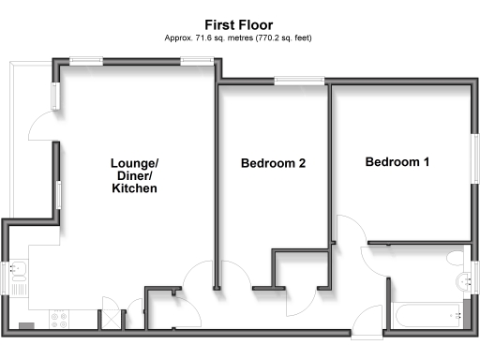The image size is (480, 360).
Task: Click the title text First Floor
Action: (239, 25)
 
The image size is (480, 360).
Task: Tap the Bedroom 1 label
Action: (397, 162)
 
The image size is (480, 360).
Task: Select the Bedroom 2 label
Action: (273, 163)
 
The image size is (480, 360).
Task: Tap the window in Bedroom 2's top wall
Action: (300, 82)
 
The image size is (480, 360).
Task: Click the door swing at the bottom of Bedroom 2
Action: (299, 301)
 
